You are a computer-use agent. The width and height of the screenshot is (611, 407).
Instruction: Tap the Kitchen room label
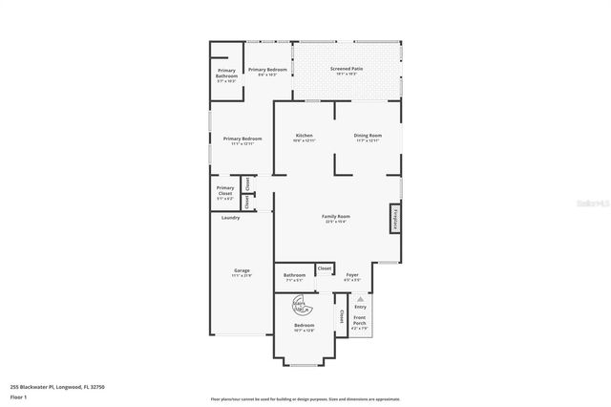[305, 137]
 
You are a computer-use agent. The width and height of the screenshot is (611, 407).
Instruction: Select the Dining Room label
[368, 137]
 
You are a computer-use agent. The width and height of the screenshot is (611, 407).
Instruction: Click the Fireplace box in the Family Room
[393, 219]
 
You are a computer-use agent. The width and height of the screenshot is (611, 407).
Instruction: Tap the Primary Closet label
[225, 191]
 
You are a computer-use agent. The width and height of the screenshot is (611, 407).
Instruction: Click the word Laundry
[230, 218]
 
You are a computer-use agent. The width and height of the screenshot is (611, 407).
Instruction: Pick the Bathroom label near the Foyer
[294, 276]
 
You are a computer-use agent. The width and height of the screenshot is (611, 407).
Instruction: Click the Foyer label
[352, 276]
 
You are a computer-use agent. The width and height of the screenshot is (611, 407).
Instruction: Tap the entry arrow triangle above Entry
[360, 298]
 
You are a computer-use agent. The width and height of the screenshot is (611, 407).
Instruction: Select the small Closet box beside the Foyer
[325, 268]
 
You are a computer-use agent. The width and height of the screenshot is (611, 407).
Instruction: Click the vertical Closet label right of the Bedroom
[341, 315]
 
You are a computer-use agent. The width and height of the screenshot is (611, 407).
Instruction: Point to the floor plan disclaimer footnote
[305, 398]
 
